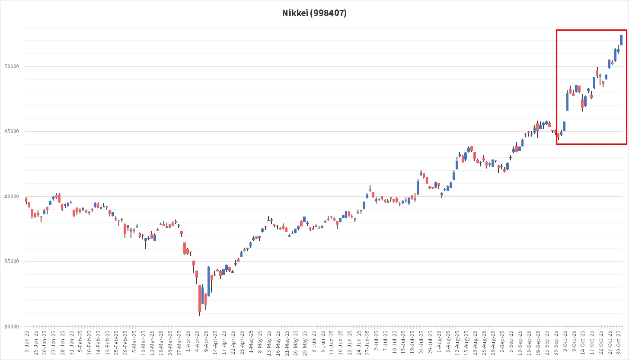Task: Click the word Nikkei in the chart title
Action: (294, 13)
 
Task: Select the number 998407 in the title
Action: (329, 13)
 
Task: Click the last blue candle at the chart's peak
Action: (621, 40)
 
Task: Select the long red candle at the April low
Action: (200, 299)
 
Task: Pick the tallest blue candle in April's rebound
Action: (209, 281)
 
